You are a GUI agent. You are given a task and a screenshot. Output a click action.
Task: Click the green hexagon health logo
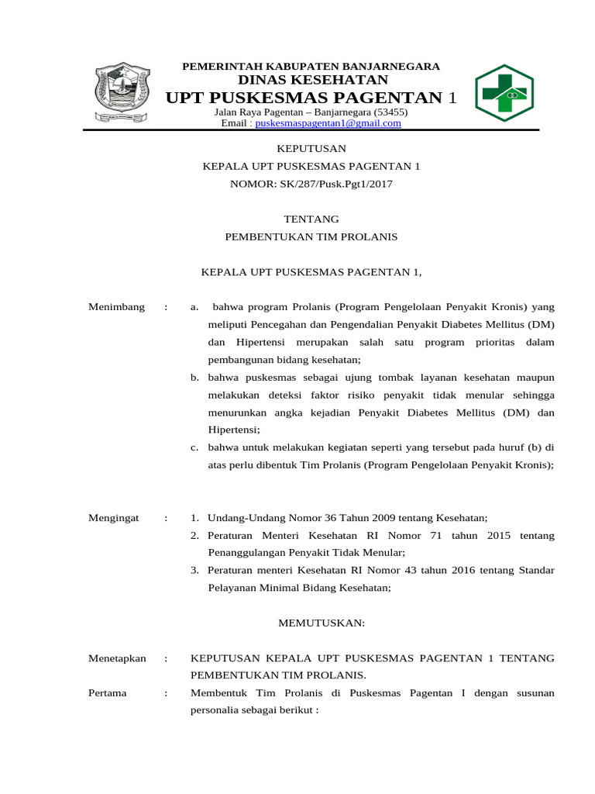[x=504, y=93]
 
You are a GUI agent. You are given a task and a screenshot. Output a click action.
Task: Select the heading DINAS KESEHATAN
[x=312, y=80]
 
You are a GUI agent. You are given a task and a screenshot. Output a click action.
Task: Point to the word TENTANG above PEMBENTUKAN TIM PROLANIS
[x=311, y=219]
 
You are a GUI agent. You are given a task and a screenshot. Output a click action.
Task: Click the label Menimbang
[x=116, y=307]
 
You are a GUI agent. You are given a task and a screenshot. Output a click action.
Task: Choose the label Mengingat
[x=114, y=518]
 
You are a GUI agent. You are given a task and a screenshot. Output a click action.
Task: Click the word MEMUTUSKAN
[x=311, y=623]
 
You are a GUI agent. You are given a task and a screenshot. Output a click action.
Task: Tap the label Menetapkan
[x=117, y=658]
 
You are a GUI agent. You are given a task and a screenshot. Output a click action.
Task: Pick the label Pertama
[x=108, y=693]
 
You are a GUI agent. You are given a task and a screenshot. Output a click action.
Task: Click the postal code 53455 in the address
[x=390, y=112]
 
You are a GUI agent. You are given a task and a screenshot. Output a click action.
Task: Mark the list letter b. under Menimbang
[x=195, y=378]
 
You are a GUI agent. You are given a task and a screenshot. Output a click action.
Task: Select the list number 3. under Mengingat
[x=195, y=571]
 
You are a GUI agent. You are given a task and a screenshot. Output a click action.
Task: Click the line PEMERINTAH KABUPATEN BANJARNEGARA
[x=311, y=67]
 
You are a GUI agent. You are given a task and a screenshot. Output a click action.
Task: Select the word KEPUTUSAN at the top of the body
[x=311, y=148]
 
